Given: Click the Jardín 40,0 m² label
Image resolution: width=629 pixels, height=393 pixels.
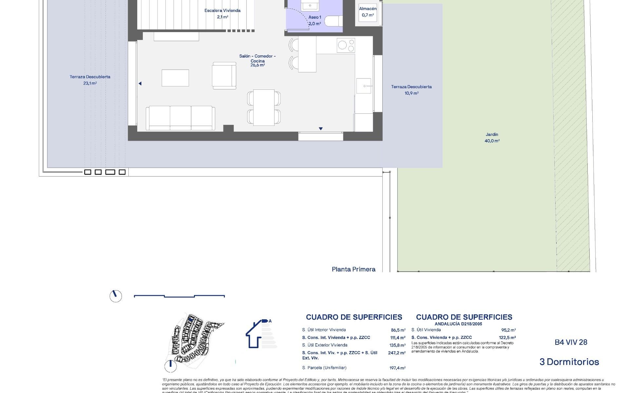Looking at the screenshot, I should point(492,138).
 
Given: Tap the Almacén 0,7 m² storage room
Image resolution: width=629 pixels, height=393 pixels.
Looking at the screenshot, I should point(368,12).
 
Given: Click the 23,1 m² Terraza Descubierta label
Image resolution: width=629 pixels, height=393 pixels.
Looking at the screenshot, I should point(90,80).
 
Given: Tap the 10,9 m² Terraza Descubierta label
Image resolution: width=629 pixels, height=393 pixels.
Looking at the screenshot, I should point(411,90).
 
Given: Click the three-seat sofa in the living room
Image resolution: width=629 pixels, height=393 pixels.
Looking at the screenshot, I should point(180,118).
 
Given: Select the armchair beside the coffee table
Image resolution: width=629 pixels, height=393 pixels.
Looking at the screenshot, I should point(224,76).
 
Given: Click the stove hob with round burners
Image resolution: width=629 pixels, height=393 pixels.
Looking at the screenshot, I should point(346,45).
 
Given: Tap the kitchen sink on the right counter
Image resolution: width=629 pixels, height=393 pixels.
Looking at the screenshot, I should point(364,86).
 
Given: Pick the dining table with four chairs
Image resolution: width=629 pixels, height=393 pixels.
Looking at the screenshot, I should point(264,107).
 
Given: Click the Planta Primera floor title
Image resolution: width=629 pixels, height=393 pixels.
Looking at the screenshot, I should point(353,269).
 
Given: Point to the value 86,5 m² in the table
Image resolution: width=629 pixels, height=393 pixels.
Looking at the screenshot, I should point(398,330).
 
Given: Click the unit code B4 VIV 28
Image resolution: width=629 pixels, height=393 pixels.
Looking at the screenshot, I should point(571,342).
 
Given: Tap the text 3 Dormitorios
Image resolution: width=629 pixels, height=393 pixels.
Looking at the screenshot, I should point(569,362).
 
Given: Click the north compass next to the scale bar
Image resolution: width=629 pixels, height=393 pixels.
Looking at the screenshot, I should point(116,296).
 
